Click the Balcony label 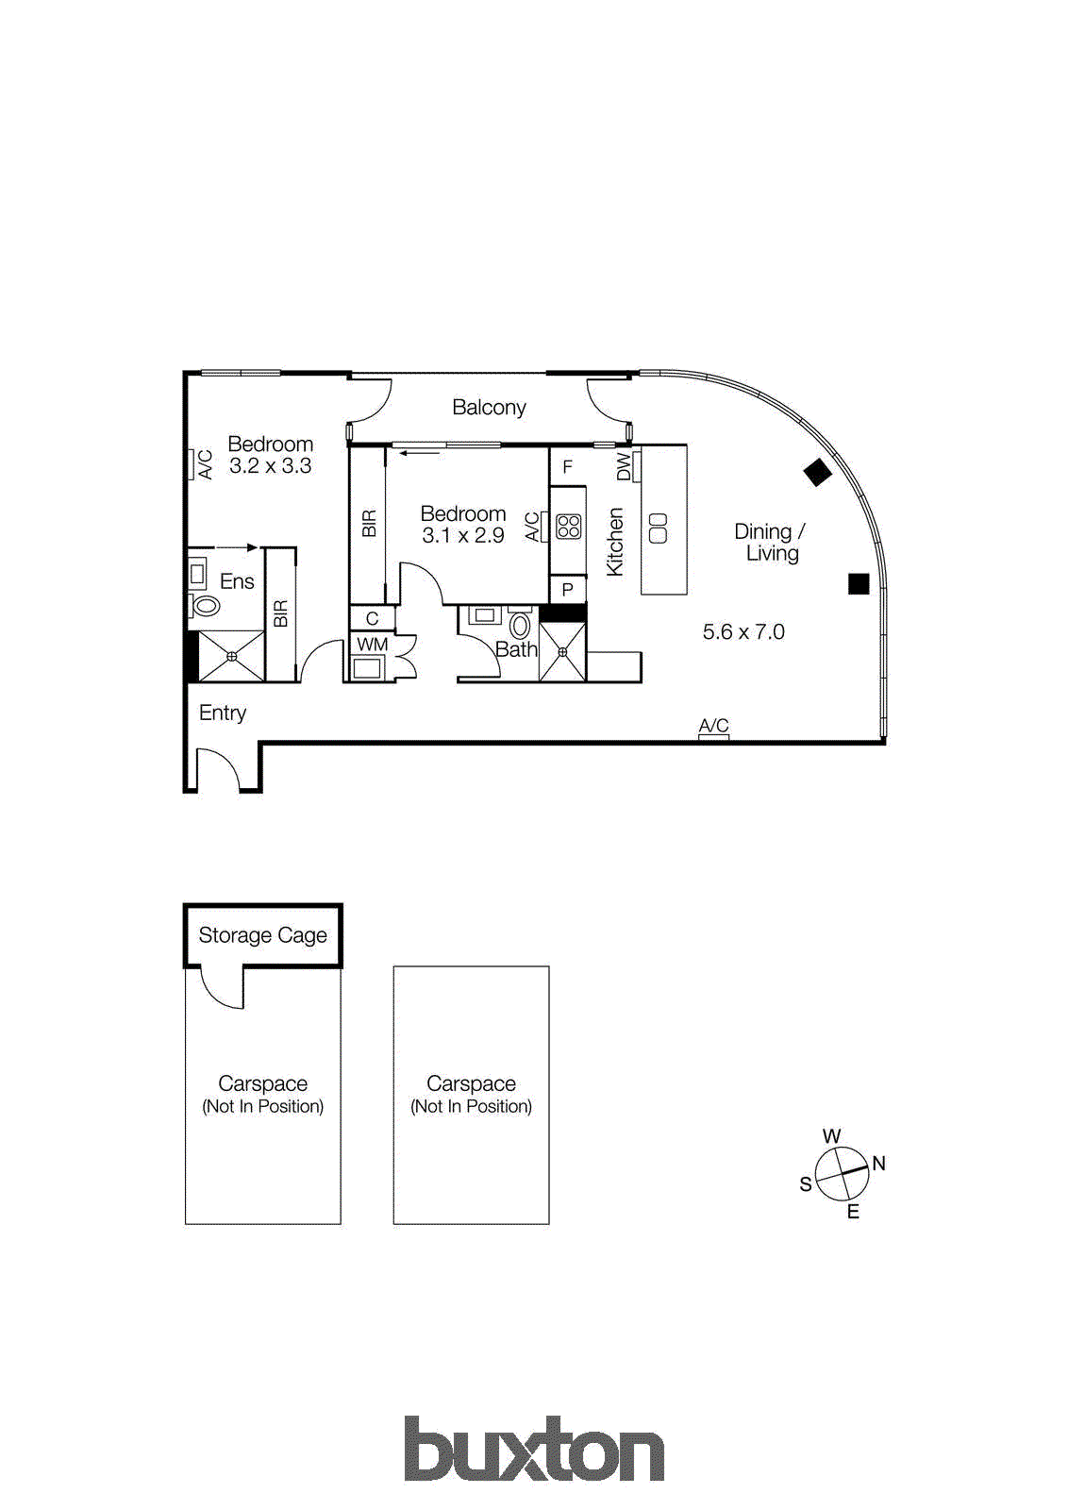pyautogui.click(x=488, y=408)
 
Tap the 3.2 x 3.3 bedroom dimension pyautogui.click(x=270, y=465)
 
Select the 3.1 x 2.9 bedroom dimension pyautogui.click(x=462, y=535)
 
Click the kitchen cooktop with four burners pyautogui.click(x=568, y=526)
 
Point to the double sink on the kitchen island pyautogui.click(x=659, y=528)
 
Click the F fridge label pyautogui.click(x=567, y=466)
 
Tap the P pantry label pyautogui.click(x=567, y=590)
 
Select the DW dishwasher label pyautogui.click(x=623, y=466)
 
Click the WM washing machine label pyautogui.click(x=372, y=645)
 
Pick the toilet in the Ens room pyautogui.click(x=206, y=605)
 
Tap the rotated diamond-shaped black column pyautogui.click(x=817, y=472)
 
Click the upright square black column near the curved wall pyautogui.click(x=858, y=584)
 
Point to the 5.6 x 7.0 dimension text pyautogui.click(x=743, y=632)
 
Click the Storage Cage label pyautogui.click(x=262, y=935)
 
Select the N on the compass pyautogui.click(x=878, y=1164)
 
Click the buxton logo pyautogui.click(x=534, y=1449)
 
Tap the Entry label pyautogui.click(x=223, y=713)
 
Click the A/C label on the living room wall pyautogui.click(x=713, y=725)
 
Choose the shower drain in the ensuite pyautogui.click(x=232, y=656)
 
